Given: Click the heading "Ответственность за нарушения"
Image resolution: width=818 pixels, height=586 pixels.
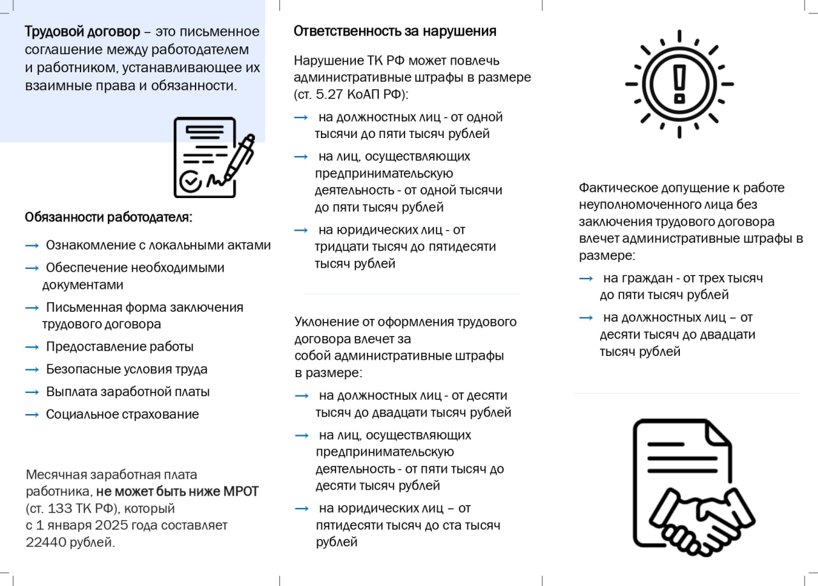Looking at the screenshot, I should (395, 31).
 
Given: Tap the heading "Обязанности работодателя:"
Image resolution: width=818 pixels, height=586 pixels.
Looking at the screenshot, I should (109, 217).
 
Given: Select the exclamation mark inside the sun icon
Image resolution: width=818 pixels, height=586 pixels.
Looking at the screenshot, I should (679, 82).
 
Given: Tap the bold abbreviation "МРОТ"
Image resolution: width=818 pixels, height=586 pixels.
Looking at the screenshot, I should (241, 492).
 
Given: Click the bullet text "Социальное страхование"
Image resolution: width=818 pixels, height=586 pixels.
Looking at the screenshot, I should (122, 414).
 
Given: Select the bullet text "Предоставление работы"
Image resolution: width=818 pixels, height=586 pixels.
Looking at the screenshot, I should (120, 347).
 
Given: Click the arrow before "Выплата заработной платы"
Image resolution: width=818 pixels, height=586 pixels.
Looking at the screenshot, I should (32, 392).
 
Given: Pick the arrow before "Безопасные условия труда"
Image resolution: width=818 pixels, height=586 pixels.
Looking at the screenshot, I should (32, 369).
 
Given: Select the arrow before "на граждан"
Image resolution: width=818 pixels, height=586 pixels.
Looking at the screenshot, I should (585, 279).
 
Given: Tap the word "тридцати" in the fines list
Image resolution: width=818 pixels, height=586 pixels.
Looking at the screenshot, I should (341, 247).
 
